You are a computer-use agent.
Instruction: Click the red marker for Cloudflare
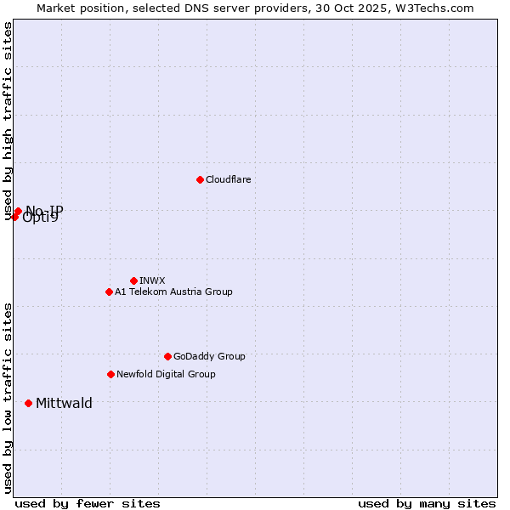(x=200, y=179)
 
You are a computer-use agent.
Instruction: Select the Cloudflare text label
(x=229, y=180)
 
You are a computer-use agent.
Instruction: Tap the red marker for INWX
(x=133, y=280)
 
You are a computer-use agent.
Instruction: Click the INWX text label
(x=152, y=281)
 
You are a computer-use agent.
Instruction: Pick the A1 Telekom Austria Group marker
(x=109, y=292)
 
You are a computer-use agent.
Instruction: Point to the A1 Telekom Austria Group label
(x=173, y=292)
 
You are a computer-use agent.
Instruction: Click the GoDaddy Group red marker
(x=167, y=356)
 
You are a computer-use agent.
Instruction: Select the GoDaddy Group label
(x=209, y=357)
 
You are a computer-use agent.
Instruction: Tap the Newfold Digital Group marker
(x=110, y=374)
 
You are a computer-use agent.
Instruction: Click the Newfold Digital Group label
(x=166, y=375)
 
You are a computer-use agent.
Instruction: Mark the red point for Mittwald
(x=28, y=403)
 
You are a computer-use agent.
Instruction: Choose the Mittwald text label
(x=64, y=404)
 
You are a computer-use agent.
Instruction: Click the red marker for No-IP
(x=18, y=211)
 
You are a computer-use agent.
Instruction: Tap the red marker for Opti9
(x=14, y=217)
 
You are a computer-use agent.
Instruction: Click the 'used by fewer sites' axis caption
(x=88, y=503)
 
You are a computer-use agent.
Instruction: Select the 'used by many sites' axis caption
(x=427, y=503)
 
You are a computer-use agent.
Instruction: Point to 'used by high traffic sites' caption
(x=8, y=121)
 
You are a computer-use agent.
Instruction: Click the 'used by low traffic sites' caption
(x=8, y=398)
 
